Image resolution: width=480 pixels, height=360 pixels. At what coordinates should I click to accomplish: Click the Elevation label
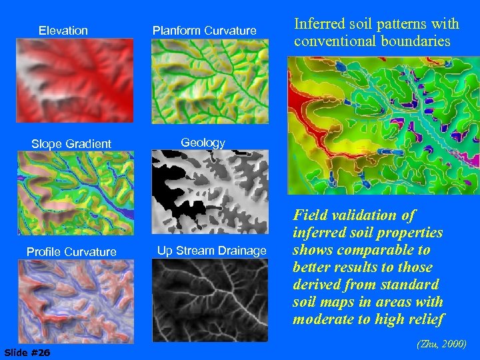[x=63, y=31]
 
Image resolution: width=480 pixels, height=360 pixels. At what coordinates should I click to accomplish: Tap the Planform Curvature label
[x=204, y=31]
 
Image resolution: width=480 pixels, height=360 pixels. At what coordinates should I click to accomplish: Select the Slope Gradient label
[x=71, y=143]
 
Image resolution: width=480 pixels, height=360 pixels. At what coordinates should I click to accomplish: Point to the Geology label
[x=203, y=143]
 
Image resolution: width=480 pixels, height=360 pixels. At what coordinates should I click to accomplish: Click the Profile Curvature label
[x=71, y=251]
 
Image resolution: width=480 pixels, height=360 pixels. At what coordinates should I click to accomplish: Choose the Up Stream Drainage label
[x=211, y=251]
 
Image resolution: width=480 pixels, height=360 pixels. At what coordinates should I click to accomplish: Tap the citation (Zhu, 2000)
[x=441, y=344]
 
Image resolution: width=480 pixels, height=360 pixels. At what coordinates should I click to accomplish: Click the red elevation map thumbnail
[x=75, y=80]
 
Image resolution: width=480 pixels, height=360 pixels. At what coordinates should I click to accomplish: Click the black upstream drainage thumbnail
[x=210, y=300]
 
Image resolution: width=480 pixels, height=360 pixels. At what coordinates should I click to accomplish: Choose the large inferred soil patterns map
[x=383, y=125]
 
